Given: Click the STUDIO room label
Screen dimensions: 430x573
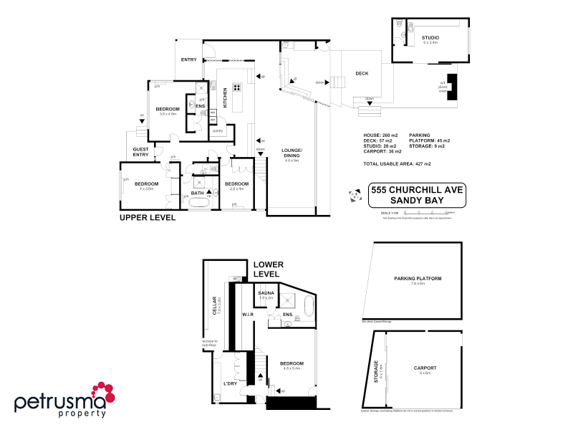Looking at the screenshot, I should click(430, 37).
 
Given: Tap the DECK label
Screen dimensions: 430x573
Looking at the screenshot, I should click(362, 74).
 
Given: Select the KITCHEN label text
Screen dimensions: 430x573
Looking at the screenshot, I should click(225, 97).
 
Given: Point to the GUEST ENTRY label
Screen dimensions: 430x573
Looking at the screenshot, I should click(140, 152).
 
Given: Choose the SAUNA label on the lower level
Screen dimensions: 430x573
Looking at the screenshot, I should click(266, 293).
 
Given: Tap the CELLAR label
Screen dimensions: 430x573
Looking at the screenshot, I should click(213, 306).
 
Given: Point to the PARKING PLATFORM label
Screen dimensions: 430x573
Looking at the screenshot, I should click(418, 279).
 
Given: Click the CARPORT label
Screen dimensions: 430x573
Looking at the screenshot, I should click(425, 368).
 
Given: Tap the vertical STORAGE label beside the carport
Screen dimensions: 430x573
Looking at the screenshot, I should click(375, 371).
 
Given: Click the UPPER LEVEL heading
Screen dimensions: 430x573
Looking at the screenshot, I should click(147, 217).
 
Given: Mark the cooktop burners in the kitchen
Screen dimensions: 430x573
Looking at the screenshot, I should click(236, 90).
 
